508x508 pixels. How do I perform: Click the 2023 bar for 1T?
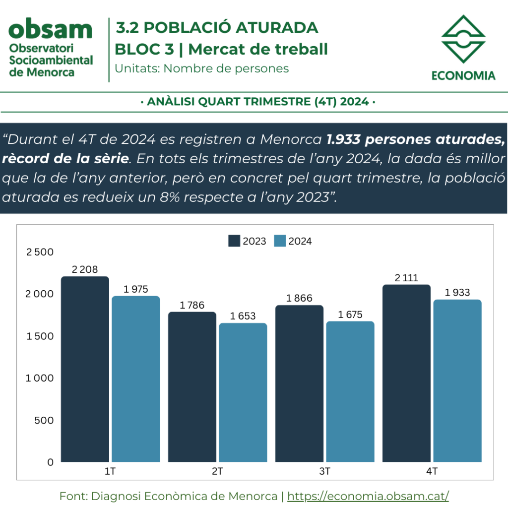(85, 369)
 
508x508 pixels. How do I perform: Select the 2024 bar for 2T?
(243, 392)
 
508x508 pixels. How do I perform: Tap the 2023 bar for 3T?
(299, 383)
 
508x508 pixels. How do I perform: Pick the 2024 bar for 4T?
(457, 381)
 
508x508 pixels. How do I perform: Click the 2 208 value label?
(84, 269)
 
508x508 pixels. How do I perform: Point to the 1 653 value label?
(243, 316)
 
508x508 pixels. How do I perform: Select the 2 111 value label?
(406, 278)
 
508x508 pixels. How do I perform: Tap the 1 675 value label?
(350, 314)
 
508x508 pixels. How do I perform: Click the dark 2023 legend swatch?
(234, 241)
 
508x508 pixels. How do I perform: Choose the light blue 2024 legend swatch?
(280, 241)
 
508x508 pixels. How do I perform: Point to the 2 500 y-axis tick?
(40, 252)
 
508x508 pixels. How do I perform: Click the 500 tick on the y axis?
(44, 420)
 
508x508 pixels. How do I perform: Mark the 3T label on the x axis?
(324, 471)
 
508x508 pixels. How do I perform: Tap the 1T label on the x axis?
(110, 471)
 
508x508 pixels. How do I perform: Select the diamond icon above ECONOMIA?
(463, 39)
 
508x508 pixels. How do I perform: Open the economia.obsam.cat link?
(368, 496)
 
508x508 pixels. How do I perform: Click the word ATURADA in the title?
(277, 28)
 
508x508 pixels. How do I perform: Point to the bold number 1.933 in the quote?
(343, 139)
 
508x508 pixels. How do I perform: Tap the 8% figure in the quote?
(170, 197)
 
